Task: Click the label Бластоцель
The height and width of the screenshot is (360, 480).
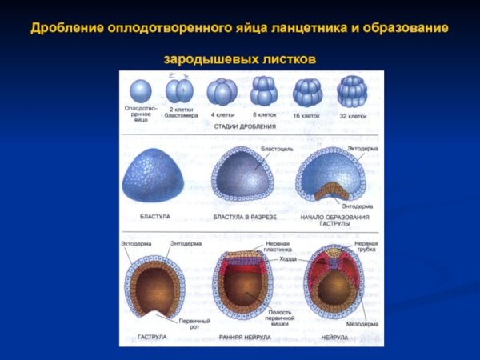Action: tap(278, 149)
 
